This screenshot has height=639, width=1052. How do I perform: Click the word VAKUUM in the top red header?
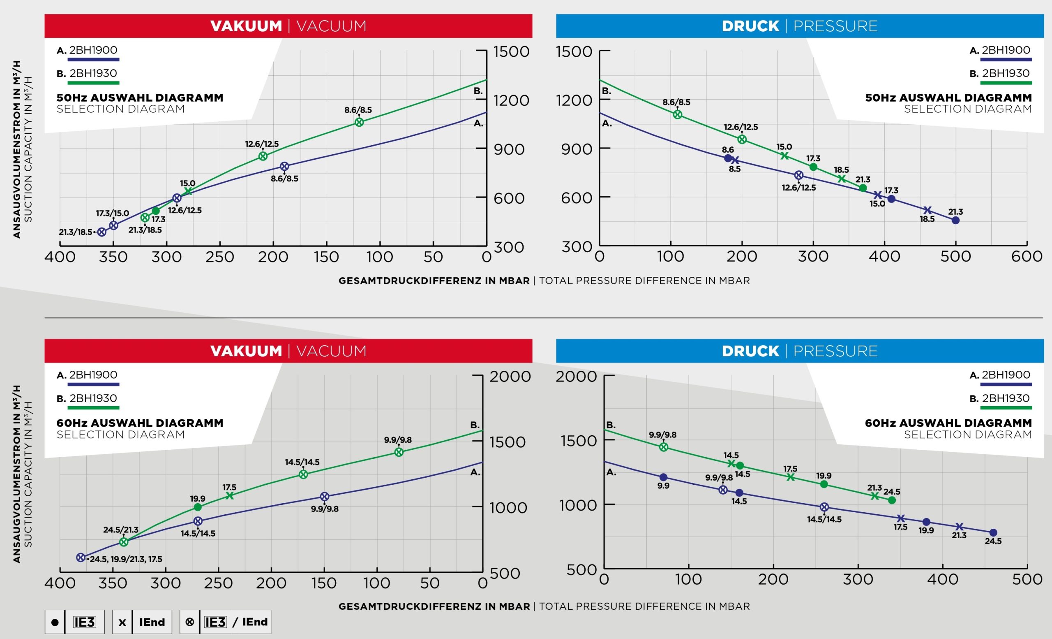246,26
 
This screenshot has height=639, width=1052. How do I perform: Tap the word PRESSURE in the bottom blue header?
835,351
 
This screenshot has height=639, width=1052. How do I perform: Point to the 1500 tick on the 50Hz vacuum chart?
511,52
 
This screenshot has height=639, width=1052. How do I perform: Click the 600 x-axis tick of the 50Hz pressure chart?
1027,256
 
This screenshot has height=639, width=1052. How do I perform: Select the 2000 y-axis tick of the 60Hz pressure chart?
576,376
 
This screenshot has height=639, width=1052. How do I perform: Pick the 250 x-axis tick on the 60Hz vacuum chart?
218,583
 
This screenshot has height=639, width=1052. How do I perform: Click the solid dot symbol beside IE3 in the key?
55,622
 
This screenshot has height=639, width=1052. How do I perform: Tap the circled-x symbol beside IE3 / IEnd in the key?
190,622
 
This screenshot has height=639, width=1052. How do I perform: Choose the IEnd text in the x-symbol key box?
152,622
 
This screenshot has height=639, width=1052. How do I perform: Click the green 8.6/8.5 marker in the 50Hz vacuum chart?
360,122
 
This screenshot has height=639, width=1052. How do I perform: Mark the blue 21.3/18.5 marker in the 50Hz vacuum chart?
102,232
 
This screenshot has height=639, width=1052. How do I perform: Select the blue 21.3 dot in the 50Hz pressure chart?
955,221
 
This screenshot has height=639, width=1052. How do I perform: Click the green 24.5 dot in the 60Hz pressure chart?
891,500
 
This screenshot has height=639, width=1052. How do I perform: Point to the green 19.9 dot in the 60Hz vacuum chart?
198,507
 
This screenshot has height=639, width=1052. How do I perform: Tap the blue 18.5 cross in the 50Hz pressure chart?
927,210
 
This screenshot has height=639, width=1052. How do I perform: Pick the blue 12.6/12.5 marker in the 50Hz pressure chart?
799,175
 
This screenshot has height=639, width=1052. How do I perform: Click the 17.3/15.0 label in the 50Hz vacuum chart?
112,213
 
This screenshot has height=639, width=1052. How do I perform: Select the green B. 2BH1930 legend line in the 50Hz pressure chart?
1006,82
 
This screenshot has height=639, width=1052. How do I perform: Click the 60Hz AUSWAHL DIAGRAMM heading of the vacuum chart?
140,423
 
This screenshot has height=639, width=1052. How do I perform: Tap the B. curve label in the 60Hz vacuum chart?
475,425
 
